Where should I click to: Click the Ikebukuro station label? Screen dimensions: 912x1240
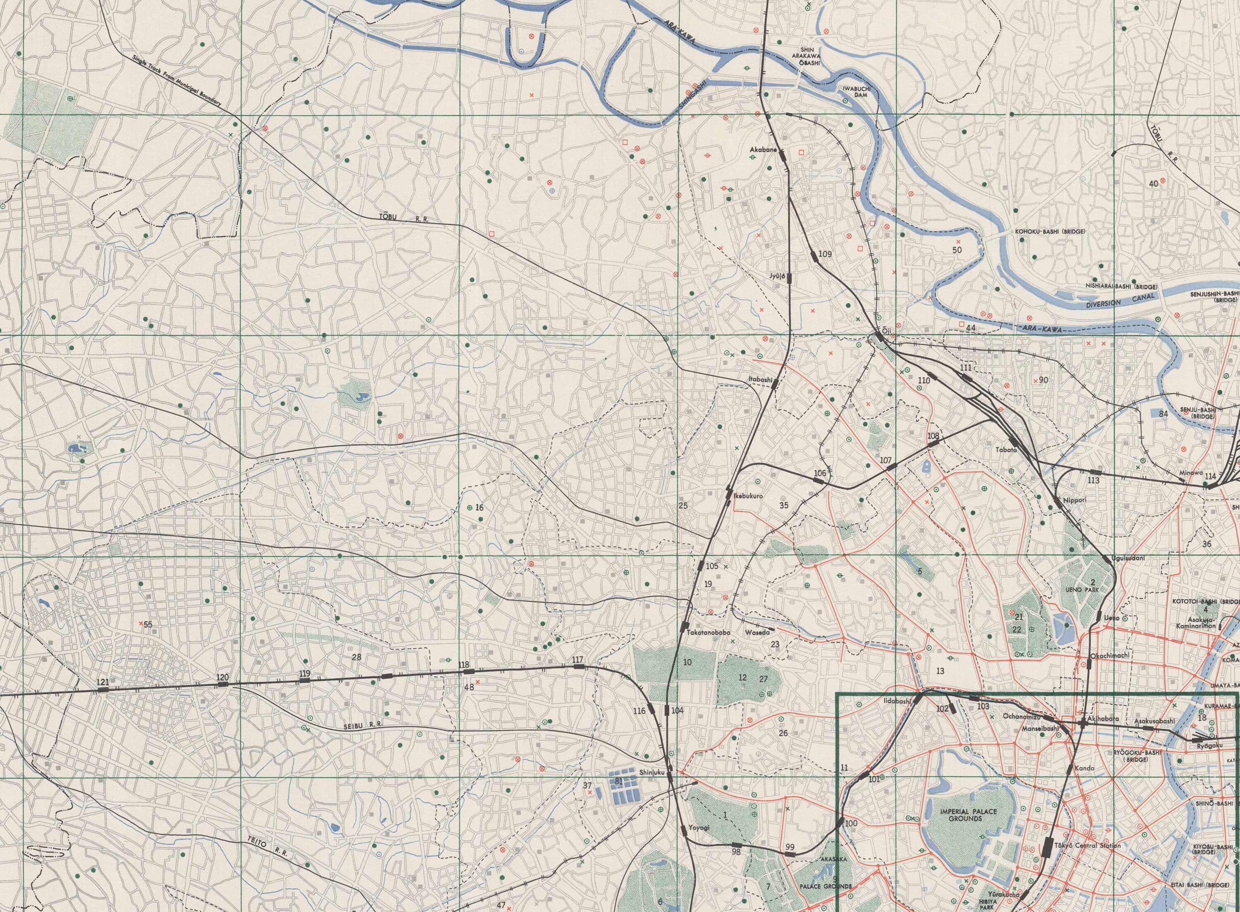tap(748, 496)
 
